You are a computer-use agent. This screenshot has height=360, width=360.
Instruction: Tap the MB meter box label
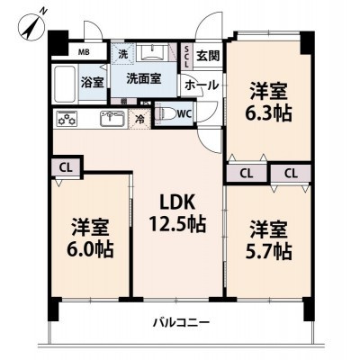[x=85, y=53]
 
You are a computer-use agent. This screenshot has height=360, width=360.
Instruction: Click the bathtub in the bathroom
[x=66, y=84]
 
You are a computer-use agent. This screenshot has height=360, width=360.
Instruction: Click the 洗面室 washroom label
[x=141, y=78]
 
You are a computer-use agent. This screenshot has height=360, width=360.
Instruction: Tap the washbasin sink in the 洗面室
[x=148, y=52]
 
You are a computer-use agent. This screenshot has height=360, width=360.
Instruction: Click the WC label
[x=184, y=114]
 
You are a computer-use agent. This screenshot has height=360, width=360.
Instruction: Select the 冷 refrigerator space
[x=141, y=118]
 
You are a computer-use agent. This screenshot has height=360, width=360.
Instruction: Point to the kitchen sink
[x=111, y=118]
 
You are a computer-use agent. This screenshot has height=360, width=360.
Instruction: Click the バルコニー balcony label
[x=180, y=321]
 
